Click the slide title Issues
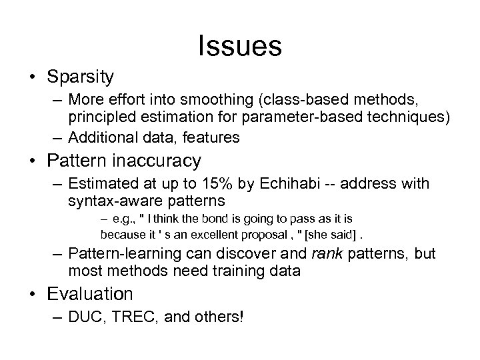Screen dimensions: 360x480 (239, 45)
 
